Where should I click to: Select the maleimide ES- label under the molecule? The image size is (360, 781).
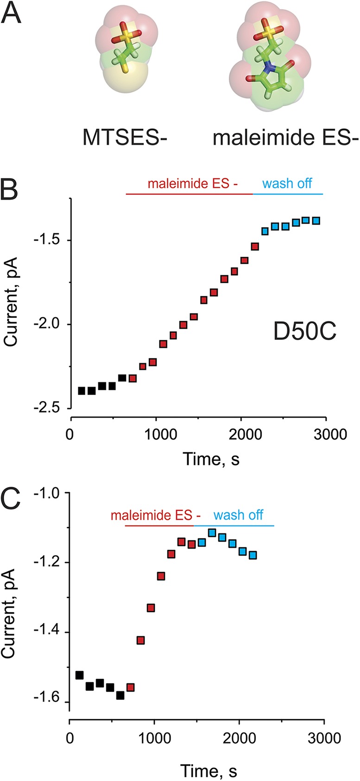click(x=285, y=138)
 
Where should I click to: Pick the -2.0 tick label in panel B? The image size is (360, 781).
click(x=51, y=324)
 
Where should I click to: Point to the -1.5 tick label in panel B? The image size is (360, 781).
click(x=51, y=241)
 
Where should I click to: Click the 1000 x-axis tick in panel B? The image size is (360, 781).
click(x=156, y=434)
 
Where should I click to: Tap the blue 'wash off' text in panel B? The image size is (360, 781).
click(x=287, y=183)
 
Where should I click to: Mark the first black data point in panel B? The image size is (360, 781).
click(x=82, y=391)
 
